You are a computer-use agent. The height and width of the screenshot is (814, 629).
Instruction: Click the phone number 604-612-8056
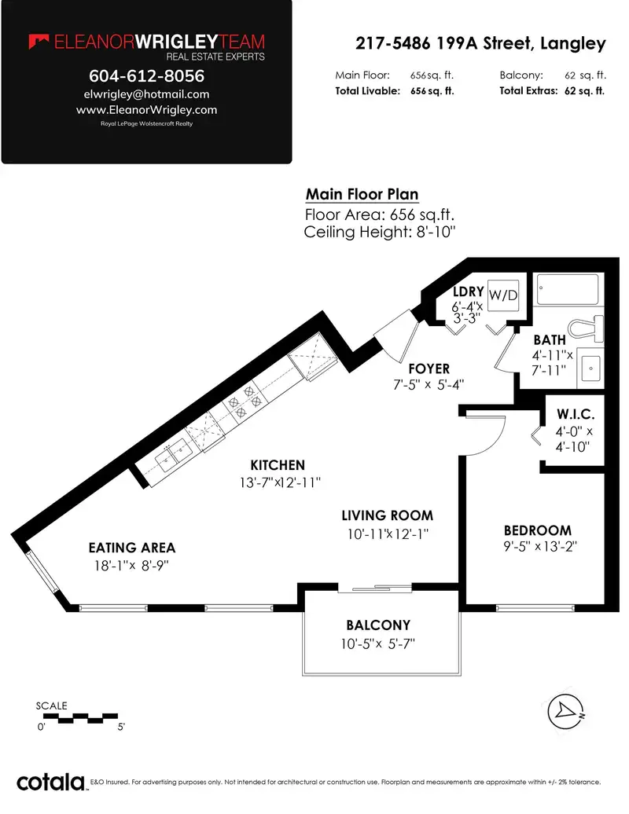pos(146,75)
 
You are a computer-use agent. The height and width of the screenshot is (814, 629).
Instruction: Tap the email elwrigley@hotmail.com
pos(146,94)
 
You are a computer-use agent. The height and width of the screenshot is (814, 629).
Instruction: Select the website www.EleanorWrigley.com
pos(146,109)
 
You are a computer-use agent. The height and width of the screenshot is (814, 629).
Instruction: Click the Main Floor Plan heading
pos(362,194)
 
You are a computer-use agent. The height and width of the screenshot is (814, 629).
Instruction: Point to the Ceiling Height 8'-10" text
pos(380,232)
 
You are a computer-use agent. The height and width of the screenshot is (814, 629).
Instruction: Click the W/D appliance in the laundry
pos(503,295)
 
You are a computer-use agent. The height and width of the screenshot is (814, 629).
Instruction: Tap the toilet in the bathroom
pos(587,329)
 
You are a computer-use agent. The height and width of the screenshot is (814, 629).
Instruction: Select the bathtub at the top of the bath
pos(568,290)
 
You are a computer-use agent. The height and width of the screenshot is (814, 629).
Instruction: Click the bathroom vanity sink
pos(590,368)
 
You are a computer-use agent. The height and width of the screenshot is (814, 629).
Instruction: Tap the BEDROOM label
pos(538,530)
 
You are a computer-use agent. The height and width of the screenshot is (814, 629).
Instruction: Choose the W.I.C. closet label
pos(576,414)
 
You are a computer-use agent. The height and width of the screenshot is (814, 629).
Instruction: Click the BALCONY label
pos(379,625)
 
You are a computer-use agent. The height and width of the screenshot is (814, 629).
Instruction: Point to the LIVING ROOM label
pos(388,515)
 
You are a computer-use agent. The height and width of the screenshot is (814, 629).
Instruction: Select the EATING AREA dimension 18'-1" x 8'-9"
pos(131,566)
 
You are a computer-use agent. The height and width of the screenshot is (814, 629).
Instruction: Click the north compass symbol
pos(566,711)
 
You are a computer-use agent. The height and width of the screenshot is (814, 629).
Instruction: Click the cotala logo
pos(51,782)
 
